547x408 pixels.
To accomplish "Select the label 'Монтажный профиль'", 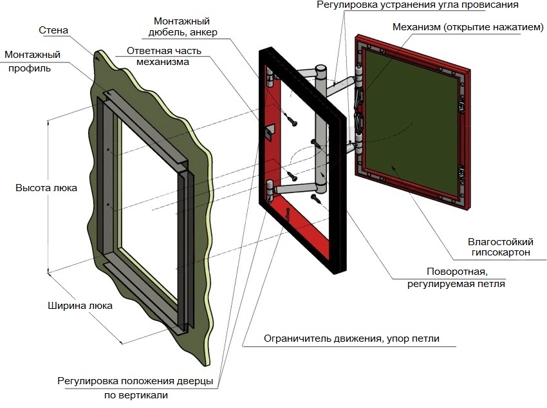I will [28, 61].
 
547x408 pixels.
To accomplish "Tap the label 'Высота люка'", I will [46, 188].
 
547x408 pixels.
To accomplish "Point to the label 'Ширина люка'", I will [80, 306].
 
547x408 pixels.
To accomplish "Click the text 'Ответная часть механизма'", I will [163, 56].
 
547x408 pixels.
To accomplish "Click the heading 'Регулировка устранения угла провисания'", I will [417, 5].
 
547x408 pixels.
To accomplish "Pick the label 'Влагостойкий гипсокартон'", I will [499, 247].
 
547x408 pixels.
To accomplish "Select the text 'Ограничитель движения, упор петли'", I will [351, 338].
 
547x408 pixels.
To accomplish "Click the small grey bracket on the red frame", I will [270, 131].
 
